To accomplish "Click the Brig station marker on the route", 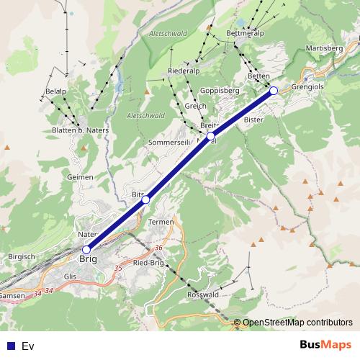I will [86, 250].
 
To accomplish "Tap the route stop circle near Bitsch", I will [145, 199].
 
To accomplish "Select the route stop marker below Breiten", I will [211, 135].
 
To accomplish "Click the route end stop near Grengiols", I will [274, 90].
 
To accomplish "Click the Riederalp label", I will [182, 72].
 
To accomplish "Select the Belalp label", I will [55, 93].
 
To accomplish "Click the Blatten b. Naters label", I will [79, 130].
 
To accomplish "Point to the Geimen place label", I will [80, 176].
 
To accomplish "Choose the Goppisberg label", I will [220, 91].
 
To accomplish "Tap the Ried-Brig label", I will [150, 263].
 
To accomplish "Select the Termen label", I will [161, 222].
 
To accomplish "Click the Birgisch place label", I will [21, 256].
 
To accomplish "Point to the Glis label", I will [70, 276].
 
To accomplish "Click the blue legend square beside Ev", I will [11, 346].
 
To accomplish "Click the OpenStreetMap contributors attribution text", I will [297, 322].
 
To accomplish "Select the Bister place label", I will [253, 119].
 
